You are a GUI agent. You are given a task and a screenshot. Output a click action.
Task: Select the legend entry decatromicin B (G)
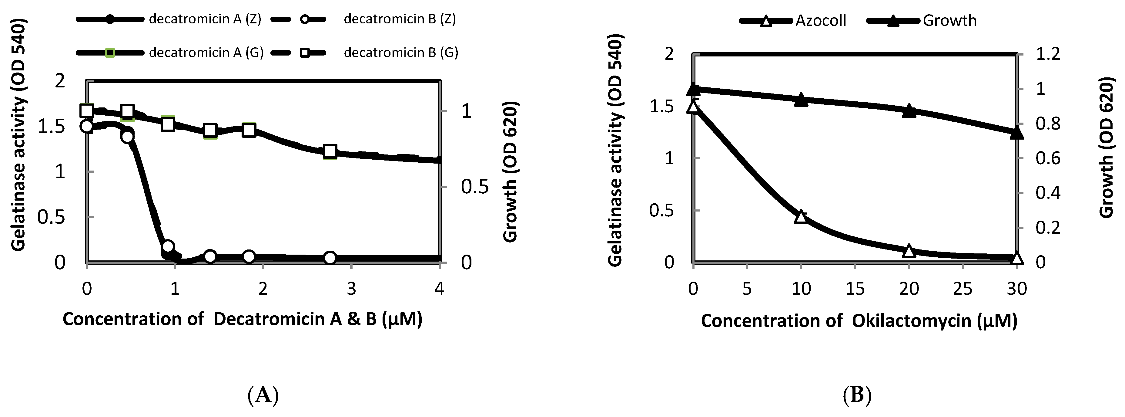click(400, 53)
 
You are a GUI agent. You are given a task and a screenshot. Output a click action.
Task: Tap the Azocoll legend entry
click(820, 21)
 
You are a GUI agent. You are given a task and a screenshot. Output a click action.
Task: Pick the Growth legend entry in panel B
click(949, 21)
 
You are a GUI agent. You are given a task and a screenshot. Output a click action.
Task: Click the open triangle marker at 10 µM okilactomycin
click(801, 216)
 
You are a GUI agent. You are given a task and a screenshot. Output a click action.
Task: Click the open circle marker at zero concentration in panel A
click(87, 126)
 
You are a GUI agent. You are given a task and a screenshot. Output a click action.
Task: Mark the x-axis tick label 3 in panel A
click(351, 289)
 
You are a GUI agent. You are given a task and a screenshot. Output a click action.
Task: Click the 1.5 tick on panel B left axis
click(662, 106)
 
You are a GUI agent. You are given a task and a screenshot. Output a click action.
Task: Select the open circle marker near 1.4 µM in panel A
click(210, 256)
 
